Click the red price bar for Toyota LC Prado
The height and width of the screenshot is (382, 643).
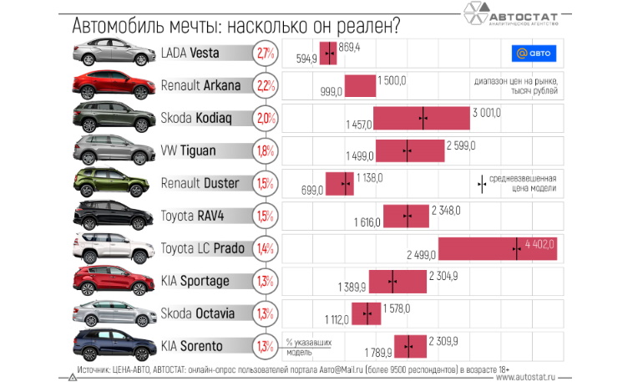(498, 248)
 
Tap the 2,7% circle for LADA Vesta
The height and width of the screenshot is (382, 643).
(266, 53)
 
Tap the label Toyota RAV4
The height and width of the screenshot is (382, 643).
(193, 216)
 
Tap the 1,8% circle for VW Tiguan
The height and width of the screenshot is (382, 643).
(266, 150)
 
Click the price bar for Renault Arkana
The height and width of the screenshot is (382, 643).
(360, 85)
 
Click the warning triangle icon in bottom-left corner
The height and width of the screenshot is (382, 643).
(73, 377)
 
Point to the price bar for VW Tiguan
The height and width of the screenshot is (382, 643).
(410, 150)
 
